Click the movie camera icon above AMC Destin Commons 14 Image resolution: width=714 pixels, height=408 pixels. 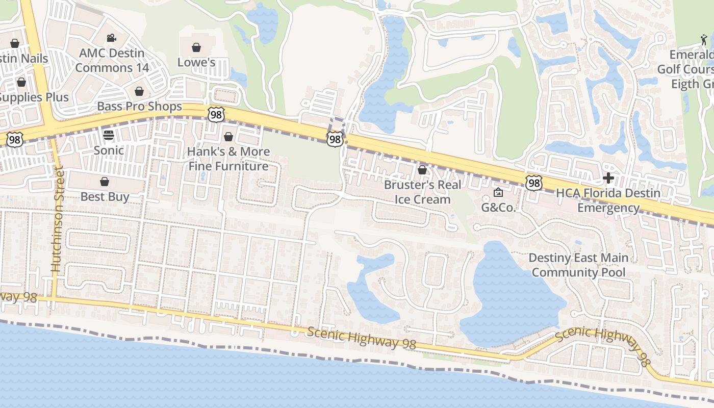tap(111, 38)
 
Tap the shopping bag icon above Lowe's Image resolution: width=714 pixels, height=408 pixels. tap(196, 47)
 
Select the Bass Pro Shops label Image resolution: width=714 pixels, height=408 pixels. tap(139, 106)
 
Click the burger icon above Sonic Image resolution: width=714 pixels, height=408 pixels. tap(108, 135)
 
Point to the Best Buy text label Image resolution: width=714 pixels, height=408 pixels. tap(105, 196)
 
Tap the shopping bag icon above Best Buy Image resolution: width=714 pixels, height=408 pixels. tap(105, 182)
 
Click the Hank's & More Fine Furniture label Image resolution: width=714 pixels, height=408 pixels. tap(228, 159)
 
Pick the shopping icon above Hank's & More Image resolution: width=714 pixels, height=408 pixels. tap(228, 137)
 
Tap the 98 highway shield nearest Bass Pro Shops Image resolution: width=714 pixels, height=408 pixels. tap(216, 114)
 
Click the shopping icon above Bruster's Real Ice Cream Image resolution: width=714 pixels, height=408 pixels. tap(422, 169)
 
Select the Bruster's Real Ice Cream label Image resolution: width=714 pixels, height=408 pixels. tap(422, 192)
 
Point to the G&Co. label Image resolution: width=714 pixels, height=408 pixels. tap(499, 208)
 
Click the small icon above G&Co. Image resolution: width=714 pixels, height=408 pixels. tap(498, 192)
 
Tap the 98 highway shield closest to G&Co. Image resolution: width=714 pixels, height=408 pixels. tap(533, 183)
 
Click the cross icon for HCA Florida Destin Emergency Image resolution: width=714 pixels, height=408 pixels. tap(608, 178)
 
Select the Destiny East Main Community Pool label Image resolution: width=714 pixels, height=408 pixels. tap(578, 265)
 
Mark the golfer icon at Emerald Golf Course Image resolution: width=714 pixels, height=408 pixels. tap(704, 39)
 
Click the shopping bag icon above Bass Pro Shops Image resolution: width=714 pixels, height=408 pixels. tap(139, 91)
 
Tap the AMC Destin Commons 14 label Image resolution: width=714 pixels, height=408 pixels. tap(112, 60)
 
